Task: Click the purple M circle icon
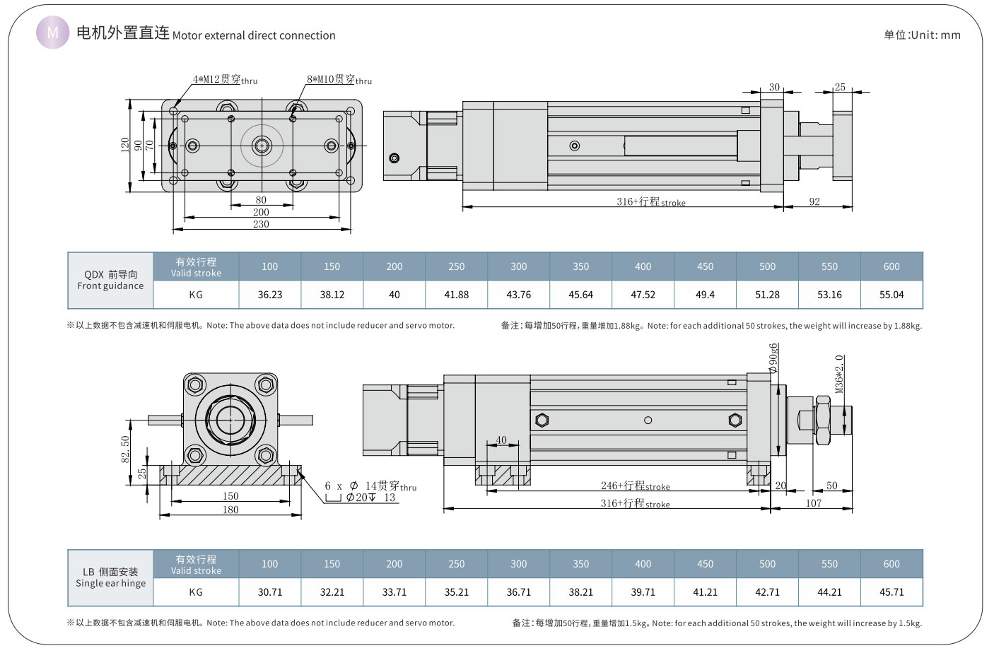point(53,33)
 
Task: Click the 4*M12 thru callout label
point(225,80)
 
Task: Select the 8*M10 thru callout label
point(339,80)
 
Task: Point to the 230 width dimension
point(261,224)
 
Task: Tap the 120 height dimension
point(125,145)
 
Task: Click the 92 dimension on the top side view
point(814,202)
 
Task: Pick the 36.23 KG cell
point(270,295)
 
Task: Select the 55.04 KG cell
point(891,295)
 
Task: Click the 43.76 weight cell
point(519,295)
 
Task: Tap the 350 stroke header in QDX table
point(581,266)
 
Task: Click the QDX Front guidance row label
point(110,281)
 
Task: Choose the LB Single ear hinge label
point(110,578)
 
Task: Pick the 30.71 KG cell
point(270,592)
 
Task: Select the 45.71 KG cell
point(891,592)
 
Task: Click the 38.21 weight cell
point(581,592)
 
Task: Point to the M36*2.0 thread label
point(839,375)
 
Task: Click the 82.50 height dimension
point(126,449)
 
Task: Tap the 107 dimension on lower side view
point(814,503)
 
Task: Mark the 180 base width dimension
point(230,510)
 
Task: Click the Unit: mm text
point(922,35)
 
